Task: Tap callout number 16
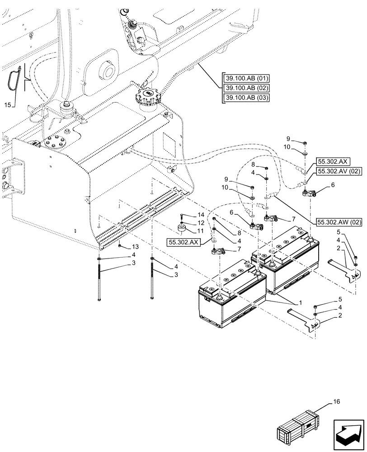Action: point(338,401)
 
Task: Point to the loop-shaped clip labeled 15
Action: point(14,78)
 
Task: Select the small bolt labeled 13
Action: point(119,246)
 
